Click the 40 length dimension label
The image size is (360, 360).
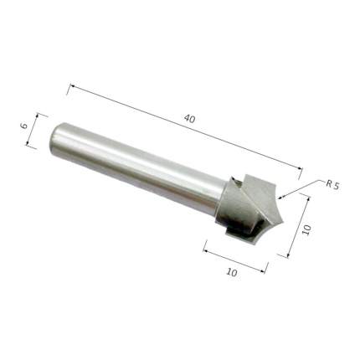(x=189, y=119)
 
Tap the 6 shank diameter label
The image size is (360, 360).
(x=24, y=126)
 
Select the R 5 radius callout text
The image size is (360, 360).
(x=332, y=185)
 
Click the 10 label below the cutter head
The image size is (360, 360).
(x=232, y=272)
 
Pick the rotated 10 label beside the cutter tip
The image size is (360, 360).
(x=306, y=230)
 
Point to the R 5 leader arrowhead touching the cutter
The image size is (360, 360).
(x=281, y=198)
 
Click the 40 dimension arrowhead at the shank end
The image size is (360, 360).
(x=72, y=85)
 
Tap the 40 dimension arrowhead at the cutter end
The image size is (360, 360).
(x=300, y=168)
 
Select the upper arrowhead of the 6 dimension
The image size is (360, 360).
(x=37, y=116)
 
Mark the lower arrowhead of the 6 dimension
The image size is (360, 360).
(x=28, y=143)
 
